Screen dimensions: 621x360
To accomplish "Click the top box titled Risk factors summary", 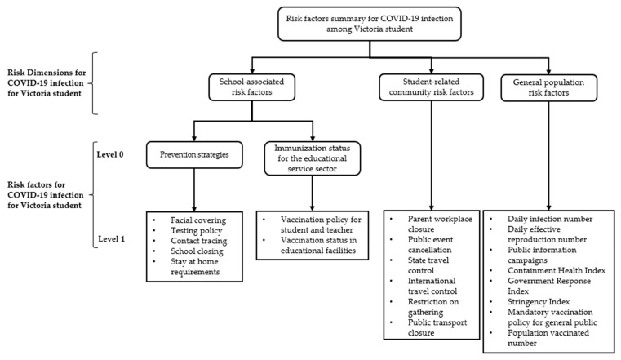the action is pos(370,24).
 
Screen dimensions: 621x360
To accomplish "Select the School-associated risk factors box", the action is pos(252,87).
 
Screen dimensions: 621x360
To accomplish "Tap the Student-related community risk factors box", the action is pos(432,87).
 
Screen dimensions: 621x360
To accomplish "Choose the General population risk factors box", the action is pos(548,88).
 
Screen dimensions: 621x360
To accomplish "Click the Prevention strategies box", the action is pos(194,155).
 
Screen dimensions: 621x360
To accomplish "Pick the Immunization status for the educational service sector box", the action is pos(312,158).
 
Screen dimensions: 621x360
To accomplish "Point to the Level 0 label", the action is pos(110,154).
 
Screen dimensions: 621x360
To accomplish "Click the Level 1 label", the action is pos(111,239).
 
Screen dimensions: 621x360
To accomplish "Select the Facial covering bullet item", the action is pos(198,220).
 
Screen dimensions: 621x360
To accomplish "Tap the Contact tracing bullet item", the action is pos(199,241).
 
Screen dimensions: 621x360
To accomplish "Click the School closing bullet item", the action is pos(197,251).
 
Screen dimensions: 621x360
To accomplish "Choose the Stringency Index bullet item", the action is pos(539,302).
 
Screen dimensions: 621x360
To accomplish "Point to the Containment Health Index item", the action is pos(557,270).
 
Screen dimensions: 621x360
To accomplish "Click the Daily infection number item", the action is pos(550,219).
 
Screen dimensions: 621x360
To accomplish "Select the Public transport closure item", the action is pos(437,327).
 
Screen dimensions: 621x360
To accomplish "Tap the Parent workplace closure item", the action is pos(440,224).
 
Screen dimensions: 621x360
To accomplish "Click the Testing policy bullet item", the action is pos(197,230).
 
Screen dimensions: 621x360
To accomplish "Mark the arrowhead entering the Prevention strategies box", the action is pos(194,139).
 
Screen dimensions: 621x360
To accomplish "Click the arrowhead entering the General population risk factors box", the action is pos(548,72).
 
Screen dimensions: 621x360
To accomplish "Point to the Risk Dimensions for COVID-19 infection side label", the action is pos(47,83).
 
